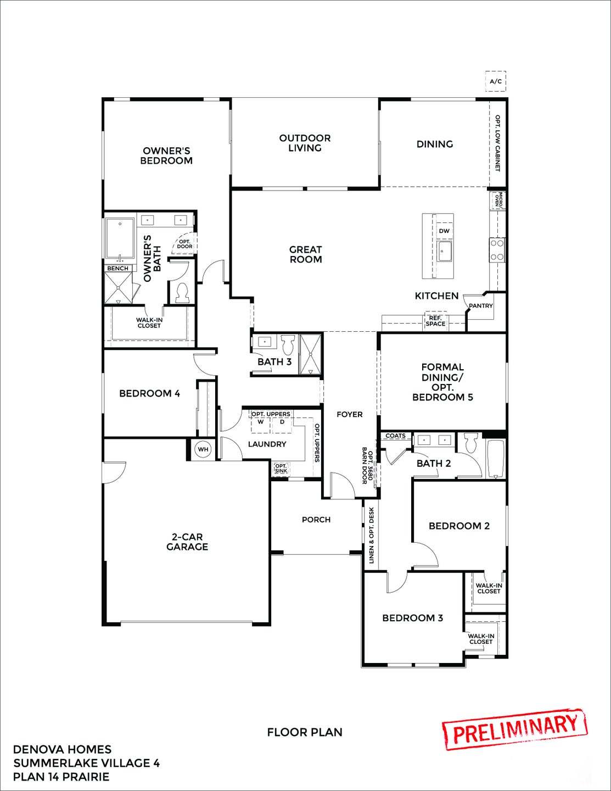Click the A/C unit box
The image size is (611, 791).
click(x=495, y=82)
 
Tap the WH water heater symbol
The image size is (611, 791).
click(x=203, y=449)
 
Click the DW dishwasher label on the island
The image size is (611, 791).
click(x=444, y=231)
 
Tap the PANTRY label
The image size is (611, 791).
click(x=480, y=306)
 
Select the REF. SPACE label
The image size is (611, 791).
click(x=435, y=321)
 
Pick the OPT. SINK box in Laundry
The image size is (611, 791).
click(x=281, y=469)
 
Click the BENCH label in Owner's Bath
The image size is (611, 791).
click(x=117, y=268)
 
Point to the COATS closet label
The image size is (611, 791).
click(x=395, y=436)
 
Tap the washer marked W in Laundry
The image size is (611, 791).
click(x=261, y=422)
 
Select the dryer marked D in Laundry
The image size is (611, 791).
click(x=282, y=422)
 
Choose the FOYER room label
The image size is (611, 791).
click(x=350, y=414)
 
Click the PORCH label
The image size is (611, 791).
click(x=316, y=519)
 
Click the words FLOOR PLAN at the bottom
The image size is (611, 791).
click(x=305, y=732)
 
